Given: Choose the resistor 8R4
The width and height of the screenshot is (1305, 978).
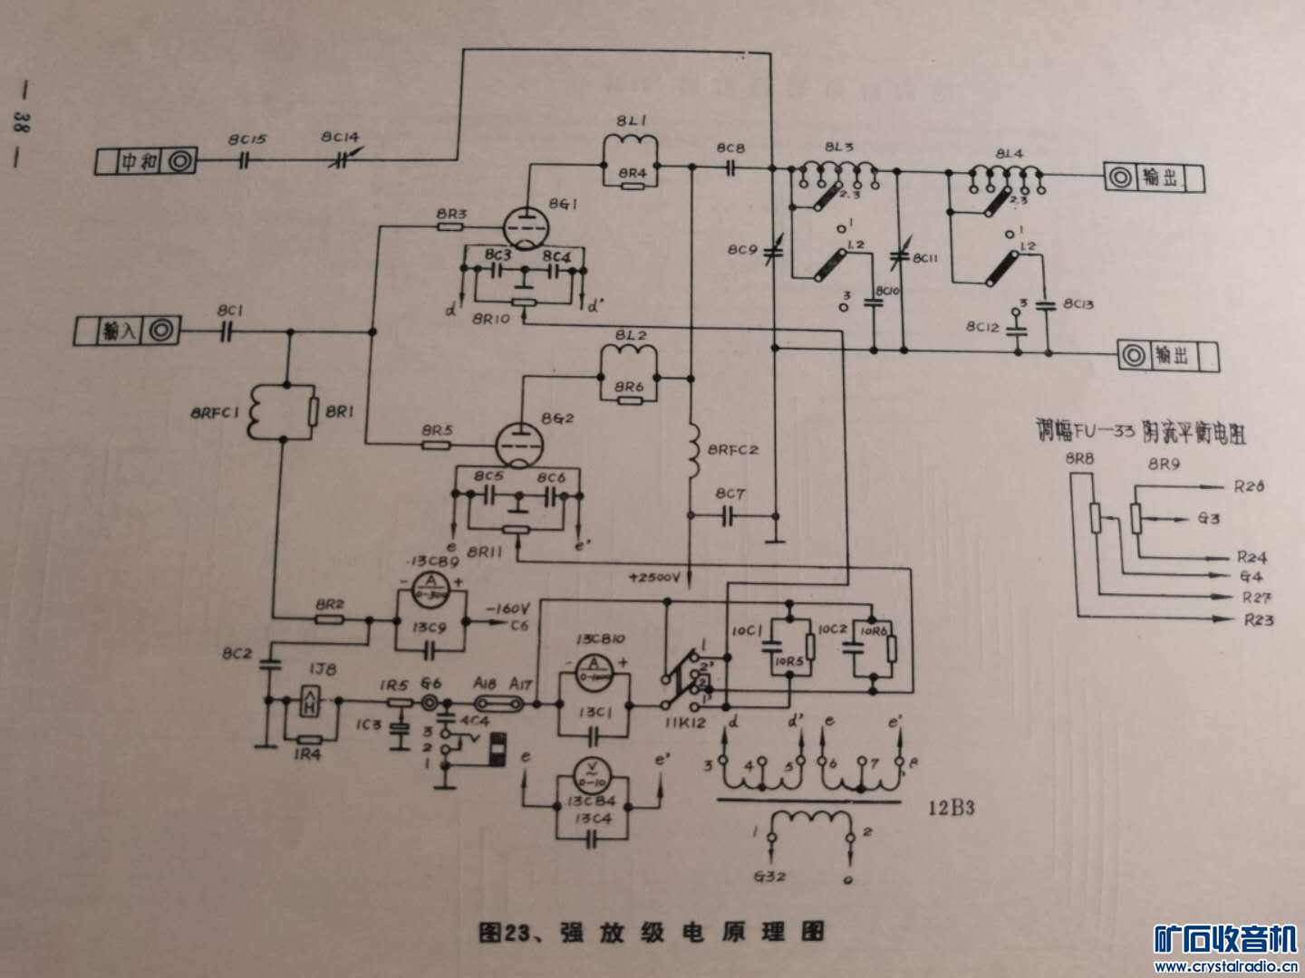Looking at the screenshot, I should click(631, 185).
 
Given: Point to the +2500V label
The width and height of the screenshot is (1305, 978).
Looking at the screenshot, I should click(661, 577).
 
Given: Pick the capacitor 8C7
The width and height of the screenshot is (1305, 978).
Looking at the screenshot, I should click(730, 516).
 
